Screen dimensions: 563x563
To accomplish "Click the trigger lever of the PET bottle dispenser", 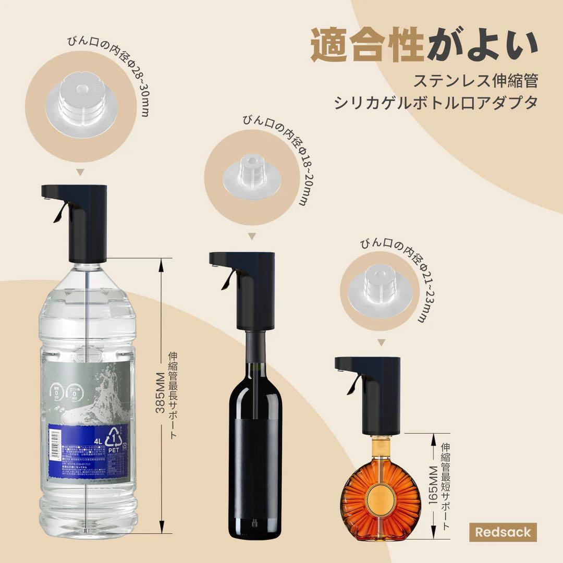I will (59, 212).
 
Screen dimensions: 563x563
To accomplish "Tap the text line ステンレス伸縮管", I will (475, 81).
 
